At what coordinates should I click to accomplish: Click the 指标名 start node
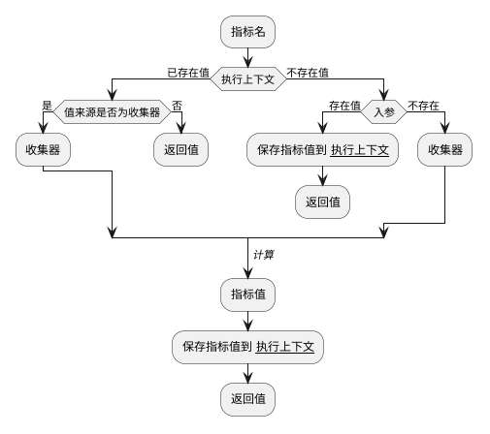click(x=248, y=32)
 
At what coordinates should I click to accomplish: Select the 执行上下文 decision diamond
click(x=248, y=80)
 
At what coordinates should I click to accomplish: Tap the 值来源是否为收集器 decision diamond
click(x=112, y=111)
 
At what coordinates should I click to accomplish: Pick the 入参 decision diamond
click(x=384, y=111)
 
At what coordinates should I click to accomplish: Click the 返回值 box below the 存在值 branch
click(x=322, y=202)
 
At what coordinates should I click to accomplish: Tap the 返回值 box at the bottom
click(x=248, y=398)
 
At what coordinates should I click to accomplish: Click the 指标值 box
click(x=248, y=294)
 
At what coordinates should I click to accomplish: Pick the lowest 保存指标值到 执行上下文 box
click(x=248, y=346)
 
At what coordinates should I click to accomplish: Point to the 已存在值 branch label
click(x=188, y=72)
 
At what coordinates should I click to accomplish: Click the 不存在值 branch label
click(x=308, y=72)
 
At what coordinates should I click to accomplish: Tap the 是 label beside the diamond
click(x=47, y=104)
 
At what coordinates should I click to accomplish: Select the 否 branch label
click(x=177, y=104)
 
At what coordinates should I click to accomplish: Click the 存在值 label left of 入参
click(x=344, y=104)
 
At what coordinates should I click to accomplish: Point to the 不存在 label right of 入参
click(x=423, y=104)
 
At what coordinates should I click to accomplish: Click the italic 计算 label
click(x=263, y=255)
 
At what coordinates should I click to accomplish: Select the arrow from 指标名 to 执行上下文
click(x=248, y=57)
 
